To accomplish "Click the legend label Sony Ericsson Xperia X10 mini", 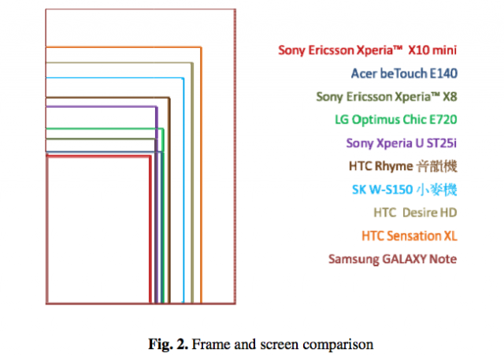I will pyautogui.click(x=368, y=50).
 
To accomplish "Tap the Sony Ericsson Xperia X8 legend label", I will pyautogui.click(x=387, y=97).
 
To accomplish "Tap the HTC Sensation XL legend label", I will pyautogui.click(x=409, y=236).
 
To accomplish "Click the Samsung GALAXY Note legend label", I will pyautogui.click(x=393, y=259).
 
